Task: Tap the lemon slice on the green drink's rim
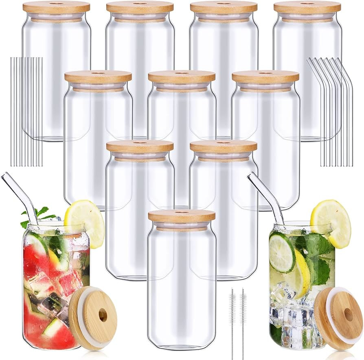coord(331,223)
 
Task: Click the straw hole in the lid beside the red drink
coord(103,315)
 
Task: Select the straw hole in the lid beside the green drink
coord(348,314)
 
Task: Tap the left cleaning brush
coord(232,317)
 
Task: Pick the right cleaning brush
coord(243,317)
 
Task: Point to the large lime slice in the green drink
coord(282,252)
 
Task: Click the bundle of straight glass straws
coord(26,112)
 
